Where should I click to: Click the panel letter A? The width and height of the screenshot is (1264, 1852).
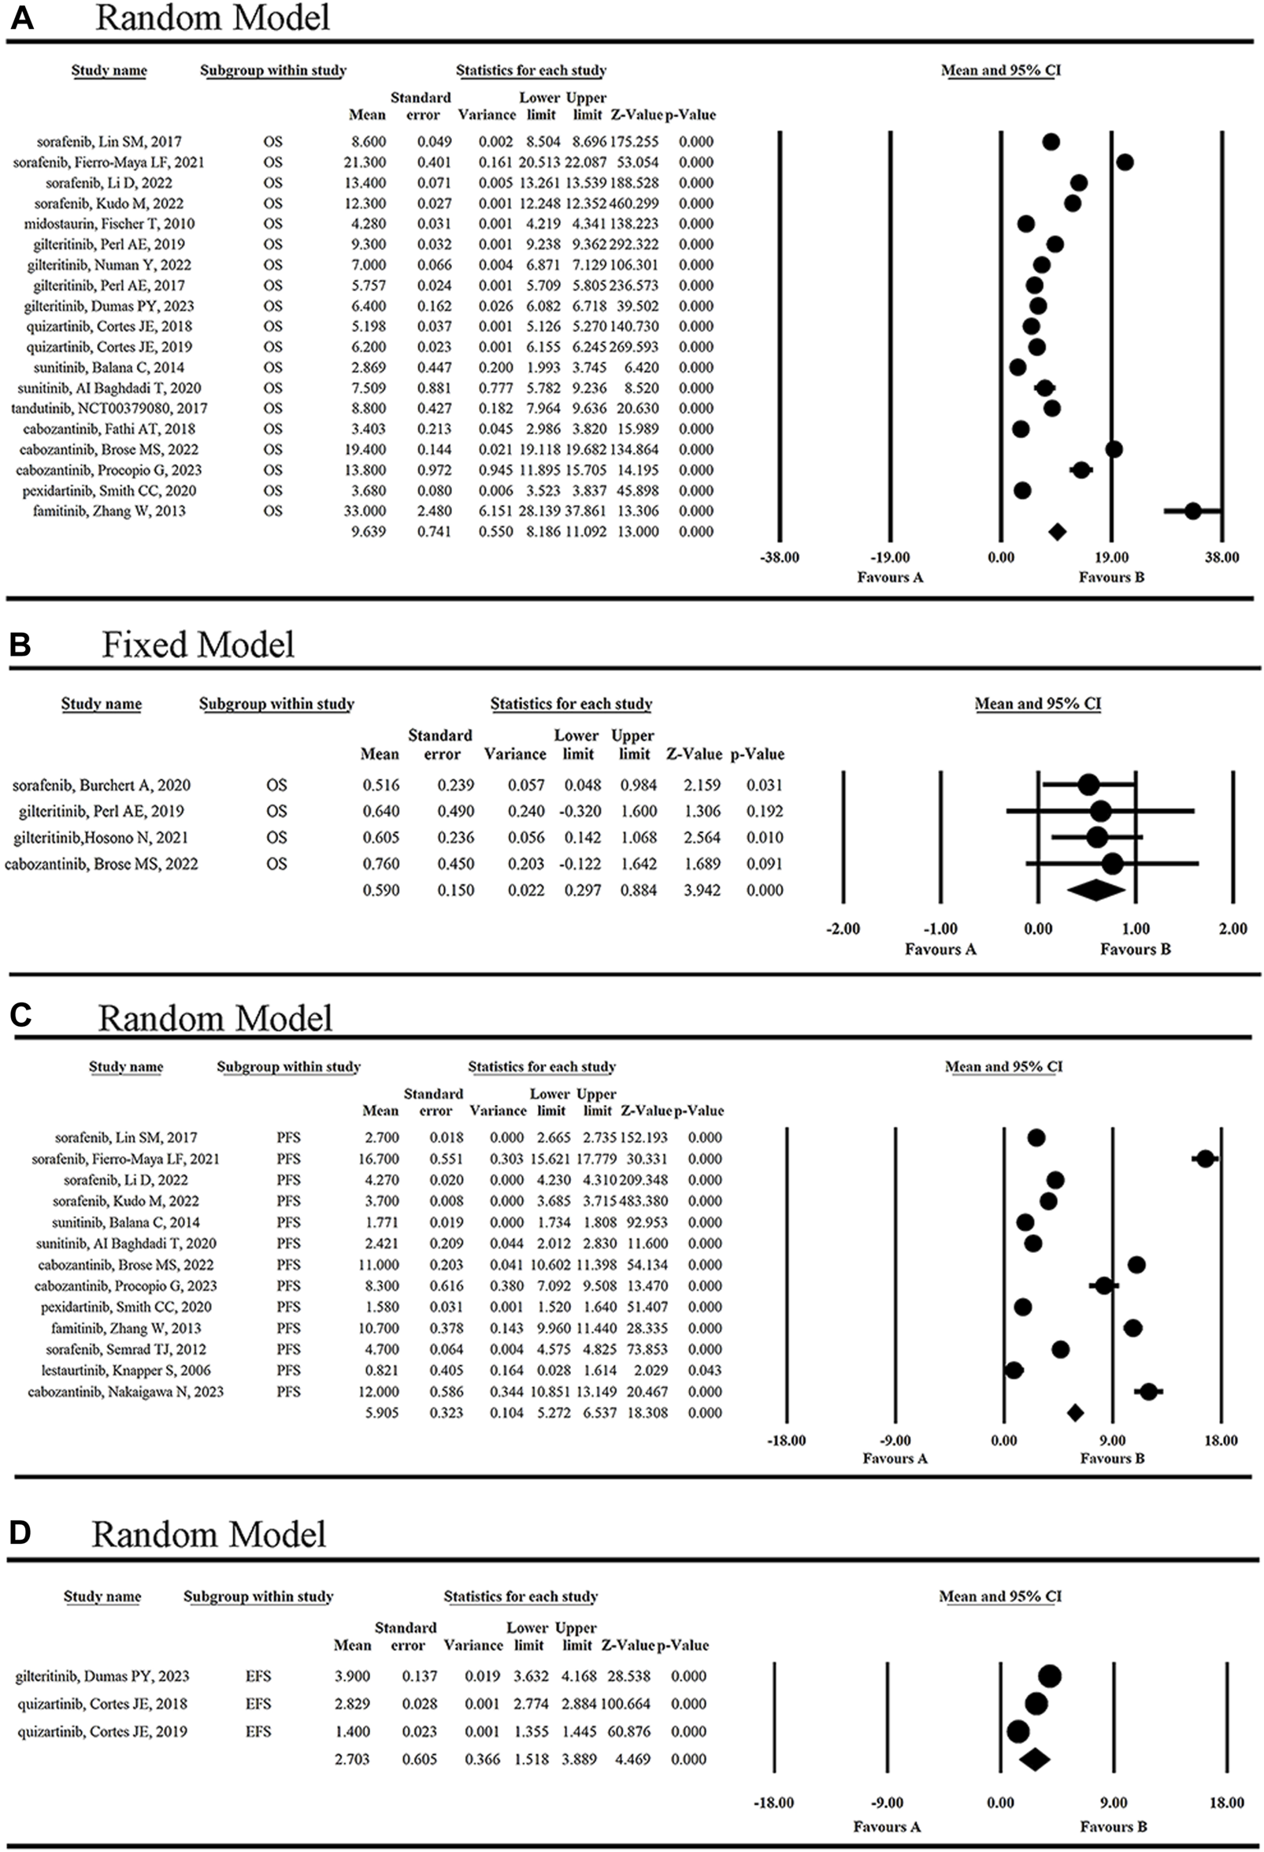21,17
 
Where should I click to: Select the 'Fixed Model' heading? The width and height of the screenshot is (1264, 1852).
198,645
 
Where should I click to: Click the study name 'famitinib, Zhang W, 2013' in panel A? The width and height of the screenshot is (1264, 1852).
109,511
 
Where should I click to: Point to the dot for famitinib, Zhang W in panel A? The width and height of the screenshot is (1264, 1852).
1192,511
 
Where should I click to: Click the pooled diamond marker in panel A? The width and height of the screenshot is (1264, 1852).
1057,531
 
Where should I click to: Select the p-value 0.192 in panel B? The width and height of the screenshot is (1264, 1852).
765,811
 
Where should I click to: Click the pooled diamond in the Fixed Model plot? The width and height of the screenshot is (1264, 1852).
1095,890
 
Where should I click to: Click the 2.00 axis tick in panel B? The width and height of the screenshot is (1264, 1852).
1233,929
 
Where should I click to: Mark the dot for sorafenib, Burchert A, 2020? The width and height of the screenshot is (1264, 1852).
1088,785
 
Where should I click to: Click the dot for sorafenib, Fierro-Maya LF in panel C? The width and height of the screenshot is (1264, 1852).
1205,1158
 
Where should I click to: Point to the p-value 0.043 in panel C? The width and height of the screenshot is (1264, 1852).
705,1370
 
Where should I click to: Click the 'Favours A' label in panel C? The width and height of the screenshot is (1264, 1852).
895,1459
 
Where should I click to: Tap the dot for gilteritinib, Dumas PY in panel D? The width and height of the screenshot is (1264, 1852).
1050,1676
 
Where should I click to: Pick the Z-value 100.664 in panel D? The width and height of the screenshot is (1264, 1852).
625,1704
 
